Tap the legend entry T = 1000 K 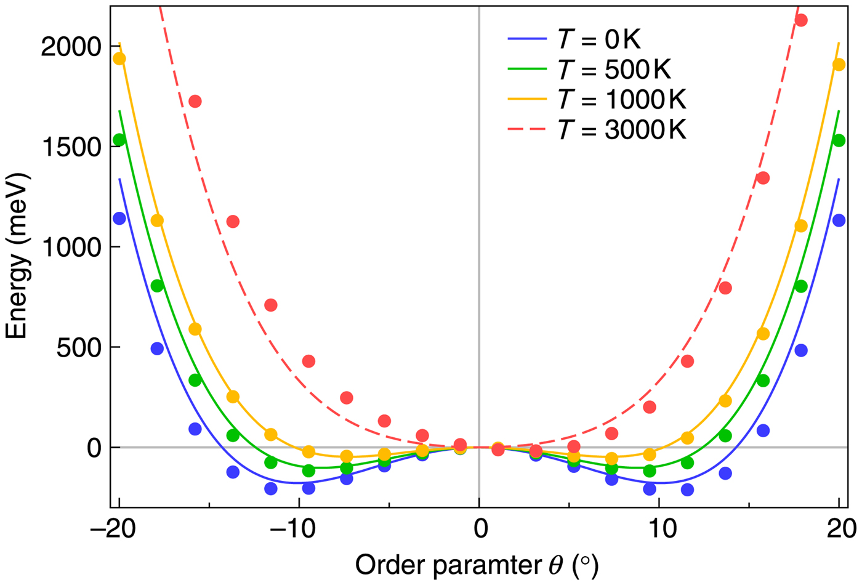tap(621, 99)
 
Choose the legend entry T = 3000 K tap(621, 130)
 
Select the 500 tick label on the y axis tap(77, 348)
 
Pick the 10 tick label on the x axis tap(659, 529)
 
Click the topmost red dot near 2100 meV tap(800, 20)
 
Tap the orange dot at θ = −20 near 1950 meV tap(119, 58)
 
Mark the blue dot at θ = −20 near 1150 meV tap(119, 219)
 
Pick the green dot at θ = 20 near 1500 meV tap(839, 140)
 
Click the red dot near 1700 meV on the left tap(195, 101)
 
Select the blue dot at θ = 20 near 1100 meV tap(839, 220)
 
